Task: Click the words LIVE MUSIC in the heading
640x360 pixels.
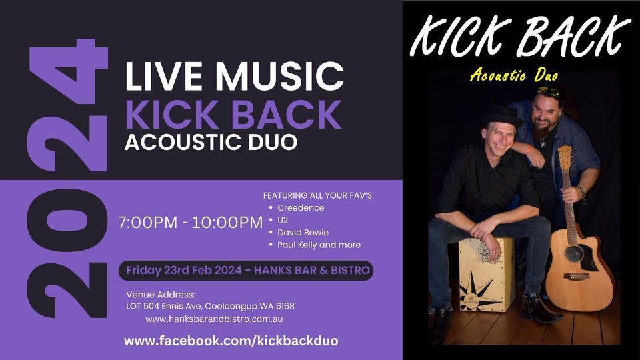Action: pyautogui.click(x=234, y=77)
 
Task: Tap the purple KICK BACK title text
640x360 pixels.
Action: pyautogui.click(x=233, y=115)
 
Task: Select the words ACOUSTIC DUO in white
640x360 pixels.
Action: pyautogui.click(x=211, y=143)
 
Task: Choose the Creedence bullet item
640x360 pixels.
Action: pyautogui.click(x=301, y=208)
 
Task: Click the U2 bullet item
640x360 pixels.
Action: pyautogui.click(x=283, y=220)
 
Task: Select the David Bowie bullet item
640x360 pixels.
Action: pyautogui.click(x=303, y=233)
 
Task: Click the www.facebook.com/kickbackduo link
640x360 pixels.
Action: pyautogui.click(x=231, y=341)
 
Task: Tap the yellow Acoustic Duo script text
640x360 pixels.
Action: pyautogui.click(x=513, y=76)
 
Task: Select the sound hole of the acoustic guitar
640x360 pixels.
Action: pyautogui.click(x=573, y=253)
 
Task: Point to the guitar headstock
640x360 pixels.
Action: pyautogui.click(x=565, y=159)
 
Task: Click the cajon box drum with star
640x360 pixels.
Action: pyautogui.click(x=486, y=273)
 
